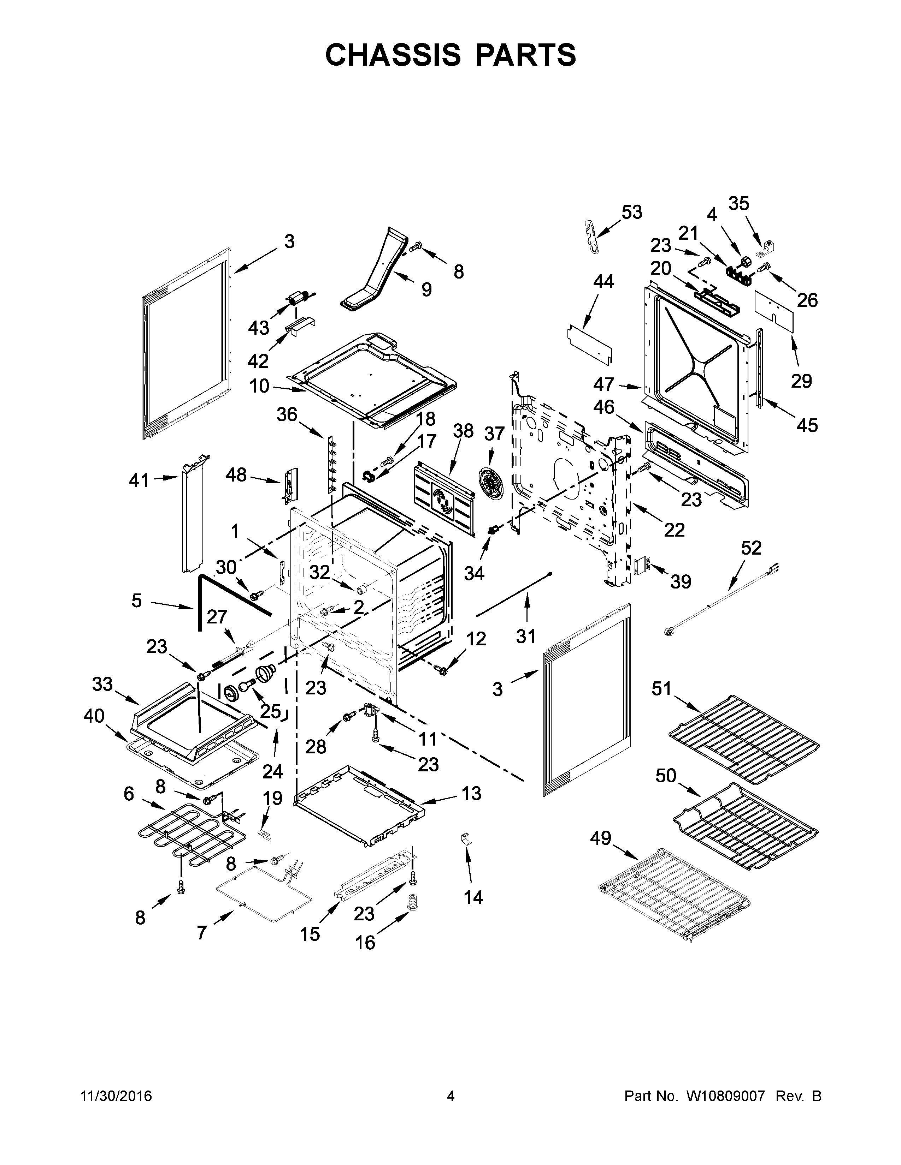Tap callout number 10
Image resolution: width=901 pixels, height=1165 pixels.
[x=259, y=385]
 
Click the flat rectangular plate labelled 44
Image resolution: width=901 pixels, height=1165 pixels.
[x=589, y=342]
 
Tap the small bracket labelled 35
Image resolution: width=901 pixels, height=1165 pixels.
[x=767, y=247]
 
